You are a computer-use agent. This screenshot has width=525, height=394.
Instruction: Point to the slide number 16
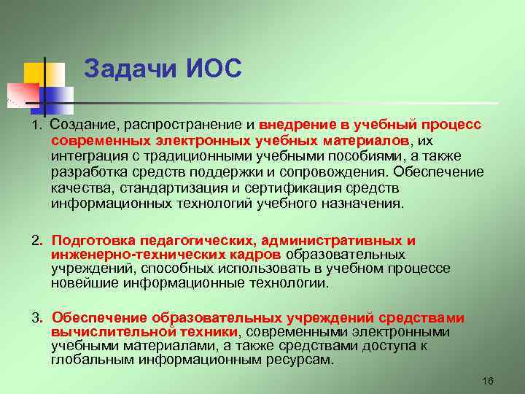point(489,382)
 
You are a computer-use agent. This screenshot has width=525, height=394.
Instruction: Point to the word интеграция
point(87,156)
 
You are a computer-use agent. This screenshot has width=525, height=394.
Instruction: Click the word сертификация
point(338,188)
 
